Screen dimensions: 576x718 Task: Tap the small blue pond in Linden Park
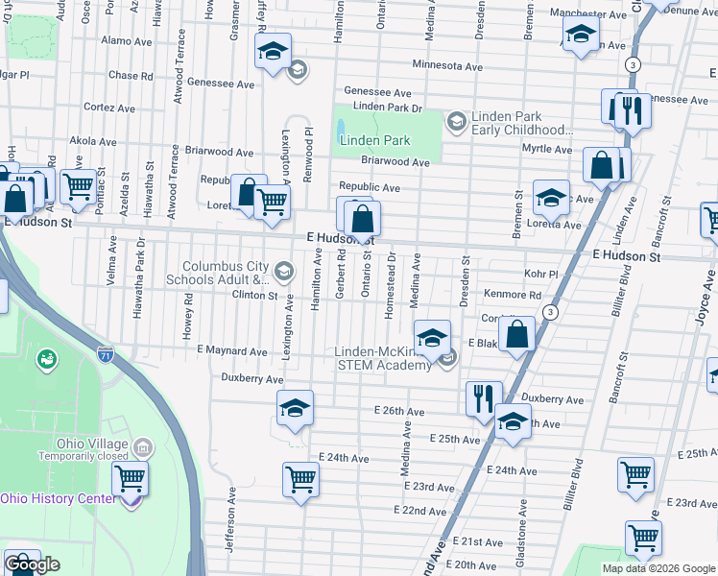coord(341,127)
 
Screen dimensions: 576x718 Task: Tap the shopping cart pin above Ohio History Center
coord(130,478)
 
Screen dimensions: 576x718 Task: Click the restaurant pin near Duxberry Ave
coord(483,396)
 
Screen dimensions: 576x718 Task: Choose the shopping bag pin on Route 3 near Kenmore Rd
coord(516,335)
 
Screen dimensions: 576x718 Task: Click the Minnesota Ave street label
coord(447,66)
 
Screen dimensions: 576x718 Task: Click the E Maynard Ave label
coord(232,351)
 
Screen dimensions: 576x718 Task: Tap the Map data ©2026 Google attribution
coord(658,568)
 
